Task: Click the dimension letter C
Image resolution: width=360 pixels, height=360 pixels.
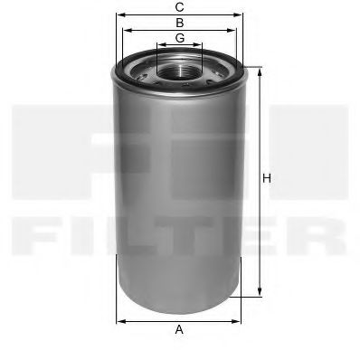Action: [179, 7]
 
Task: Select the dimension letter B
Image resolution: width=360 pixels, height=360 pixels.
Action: [179, 22]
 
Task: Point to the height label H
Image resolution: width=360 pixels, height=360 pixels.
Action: [267, 178]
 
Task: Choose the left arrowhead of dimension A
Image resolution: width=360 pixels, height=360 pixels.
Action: [118, 319]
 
